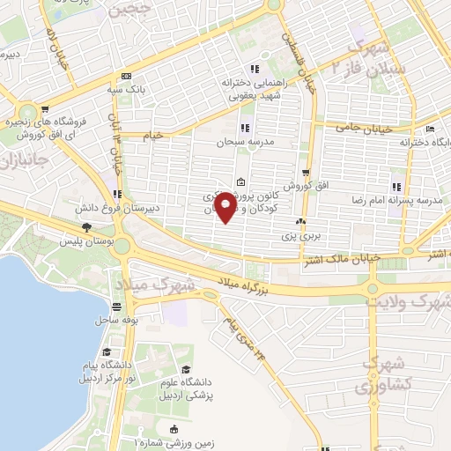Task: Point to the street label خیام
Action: [154, 136]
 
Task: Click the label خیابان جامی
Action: [359, 129]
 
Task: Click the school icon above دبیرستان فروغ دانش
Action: [117, 195]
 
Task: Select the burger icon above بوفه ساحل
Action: [116, 307]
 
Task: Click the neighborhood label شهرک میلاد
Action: [154, 285]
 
